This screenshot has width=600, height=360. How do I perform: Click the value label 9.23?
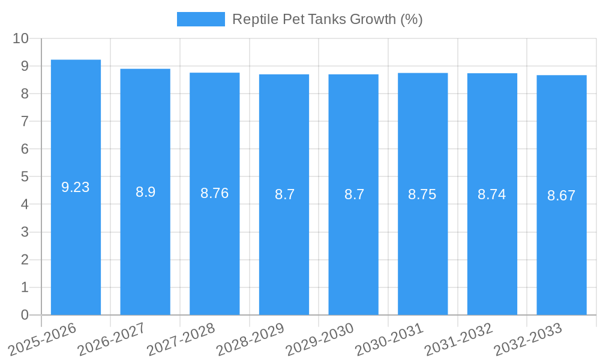pos(76,187)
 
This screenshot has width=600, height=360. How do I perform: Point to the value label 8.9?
pos(145,192)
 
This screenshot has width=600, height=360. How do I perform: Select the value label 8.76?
pos(215,193)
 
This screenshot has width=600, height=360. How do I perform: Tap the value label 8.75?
pos(422,194)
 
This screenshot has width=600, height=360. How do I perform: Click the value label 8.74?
pos(492,194)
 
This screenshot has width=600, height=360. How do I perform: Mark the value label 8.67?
pos(562,196)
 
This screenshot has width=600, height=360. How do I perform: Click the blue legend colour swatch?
pos(200,19)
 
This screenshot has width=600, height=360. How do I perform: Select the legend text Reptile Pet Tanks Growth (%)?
pos(327,19)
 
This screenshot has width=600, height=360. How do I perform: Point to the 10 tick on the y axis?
pos(21,38)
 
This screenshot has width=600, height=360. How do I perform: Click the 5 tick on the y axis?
pos(25,177)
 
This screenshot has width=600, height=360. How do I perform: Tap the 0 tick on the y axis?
pos(25,315)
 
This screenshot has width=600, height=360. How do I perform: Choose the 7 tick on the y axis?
pos(25,121)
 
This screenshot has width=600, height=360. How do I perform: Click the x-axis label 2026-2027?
pos(112,340)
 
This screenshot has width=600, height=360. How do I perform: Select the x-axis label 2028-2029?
pos(250,340)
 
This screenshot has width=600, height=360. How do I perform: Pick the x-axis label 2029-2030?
pos(320,340)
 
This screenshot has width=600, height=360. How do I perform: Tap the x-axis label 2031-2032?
pos(458,340)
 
